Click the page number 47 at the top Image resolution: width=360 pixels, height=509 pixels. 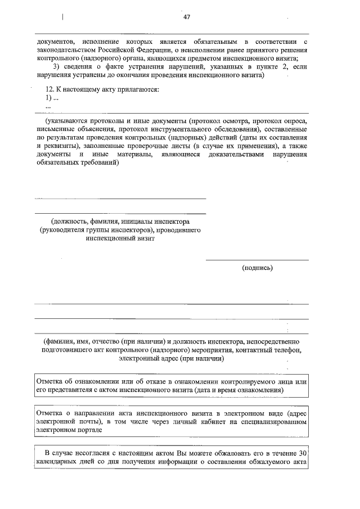[187, 17]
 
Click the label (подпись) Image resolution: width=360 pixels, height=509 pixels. [257, 268]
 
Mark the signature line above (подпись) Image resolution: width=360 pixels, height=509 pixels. [256, 260]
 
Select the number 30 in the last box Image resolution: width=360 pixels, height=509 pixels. [303, 453]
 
